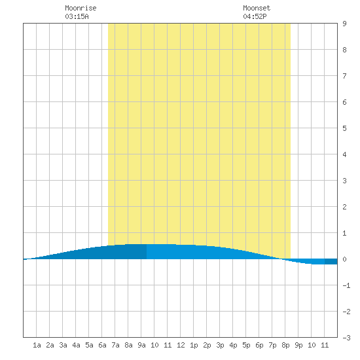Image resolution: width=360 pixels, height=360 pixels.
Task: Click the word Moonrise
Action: tap(81, 8)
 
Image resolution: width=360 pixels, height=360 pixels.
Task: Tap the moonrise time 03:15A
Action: tap(77, 16)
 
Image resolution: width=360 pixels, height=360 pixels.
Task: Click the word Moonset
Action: tap(257, 8)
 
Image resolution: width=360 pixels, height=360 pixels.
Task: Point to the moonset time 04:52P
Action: tap(255, 16)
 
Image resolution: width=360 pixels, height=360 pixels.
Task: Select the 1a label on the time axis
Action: tap(37, 345)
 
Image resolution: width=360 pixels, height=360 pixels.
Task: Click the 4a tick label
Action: tap(76, 345)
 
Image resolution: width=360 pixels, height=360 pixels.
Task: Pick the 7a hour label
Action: tap(115, 345)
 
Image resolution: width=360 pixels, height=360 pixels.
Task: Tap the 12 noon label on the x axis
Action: tap(181, 345)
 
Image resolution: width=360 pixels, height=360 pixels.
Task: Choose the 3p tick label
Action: tap(220, 345)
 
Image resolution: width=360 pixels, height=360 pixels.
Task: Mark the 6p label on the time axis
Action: tap(259, 345)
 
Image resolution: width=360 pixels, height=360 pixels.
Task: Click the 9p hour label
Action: tap(298, 345)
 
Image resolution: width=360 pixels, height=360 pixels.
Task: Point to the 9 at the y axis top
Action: tap(344, 24)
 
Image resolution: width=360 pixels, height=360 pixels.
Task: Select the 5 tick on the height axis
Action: tap(344, 128)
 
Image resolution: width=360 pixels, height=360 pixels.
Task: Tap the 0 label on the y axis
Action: tap(344, 259)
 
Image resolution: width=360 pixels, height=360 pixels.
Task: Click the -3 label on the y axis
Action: tap(346, 338)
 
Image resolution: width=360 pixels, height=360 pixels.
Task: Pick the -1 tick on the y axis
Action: tap(346, 285)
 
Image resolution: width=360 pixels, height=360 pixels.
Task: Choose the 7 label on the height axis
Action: tap(344, 76)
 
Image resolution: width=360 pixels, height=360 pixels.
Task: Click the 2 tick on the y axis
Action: tap(344, 207)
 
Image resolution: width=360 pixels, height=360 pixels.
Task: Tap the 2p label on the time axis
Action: tap(207, 345)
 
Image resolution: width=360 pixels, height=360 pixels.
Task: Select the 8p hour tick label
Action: tap(285, 345)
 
